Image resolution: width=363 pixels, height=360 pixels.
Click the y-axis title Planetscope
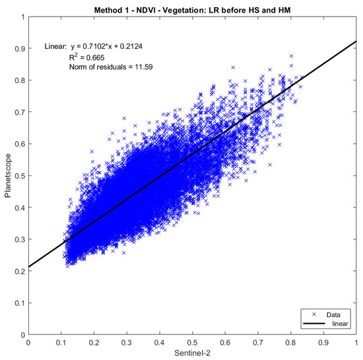tap(8, 175)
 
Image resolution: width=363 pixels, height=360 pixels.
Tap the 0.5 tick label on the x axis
tap(192, 343)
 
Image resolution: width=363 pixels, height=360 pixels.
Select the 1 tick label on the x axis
tap(356, 343)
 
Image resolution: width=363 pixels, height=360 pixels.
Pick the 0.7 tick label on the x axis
tap(258, 343)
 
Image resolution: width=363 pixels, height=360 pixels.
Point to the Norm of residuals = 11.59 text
tap(111, 67)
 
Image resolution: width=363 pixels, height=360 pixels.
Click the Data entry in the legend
tap(333, 316)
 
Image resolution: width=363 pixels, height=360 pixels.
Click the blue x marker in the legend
tap(312, 316)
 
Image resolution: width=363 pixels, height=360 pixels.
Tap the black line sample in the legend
tap(312, 325)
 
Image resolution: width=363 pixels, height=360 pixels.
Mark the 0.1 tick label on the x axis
tap(61, 343)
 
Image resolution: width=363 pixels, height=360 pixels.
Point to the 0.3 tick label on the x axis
tap(126, 343)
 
